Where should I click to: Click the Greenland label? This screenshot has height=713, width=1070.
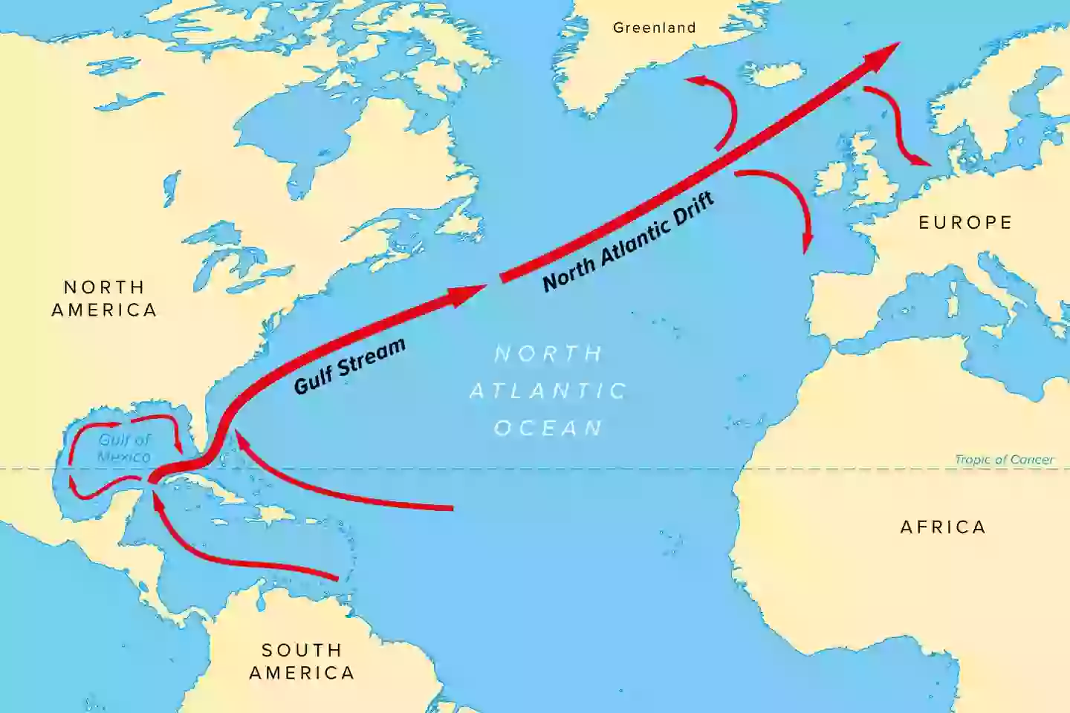[x=654, y=28]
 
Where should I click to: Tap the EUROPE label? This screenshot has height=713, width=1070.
[x=965, y=223]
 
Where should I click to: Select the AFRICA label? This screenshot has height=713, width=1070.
[x=943, y=527]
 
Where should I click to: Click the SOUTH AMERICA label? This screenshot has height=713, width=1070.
[x=302, y=661]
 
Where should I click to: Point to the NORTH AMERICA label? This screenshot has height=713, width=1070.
[x=104, y=299]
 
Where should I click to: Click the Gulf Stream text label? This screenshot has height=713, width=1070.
[x=350, y=365]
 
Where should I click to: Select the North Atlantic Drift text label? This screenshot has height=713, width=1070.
[x=629, y=241]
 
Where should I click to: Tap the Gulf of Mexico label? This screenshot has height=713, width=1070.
[x=124, y=448]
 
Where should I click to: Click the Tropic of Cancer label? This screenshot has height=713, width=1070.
[x=1004, y=460]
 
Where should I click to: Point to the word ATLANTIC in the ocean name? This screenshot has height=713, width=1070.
[x=549, y=391]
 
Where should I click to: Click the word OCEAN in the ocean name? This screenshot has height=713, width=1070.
[x=549, y=429]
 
